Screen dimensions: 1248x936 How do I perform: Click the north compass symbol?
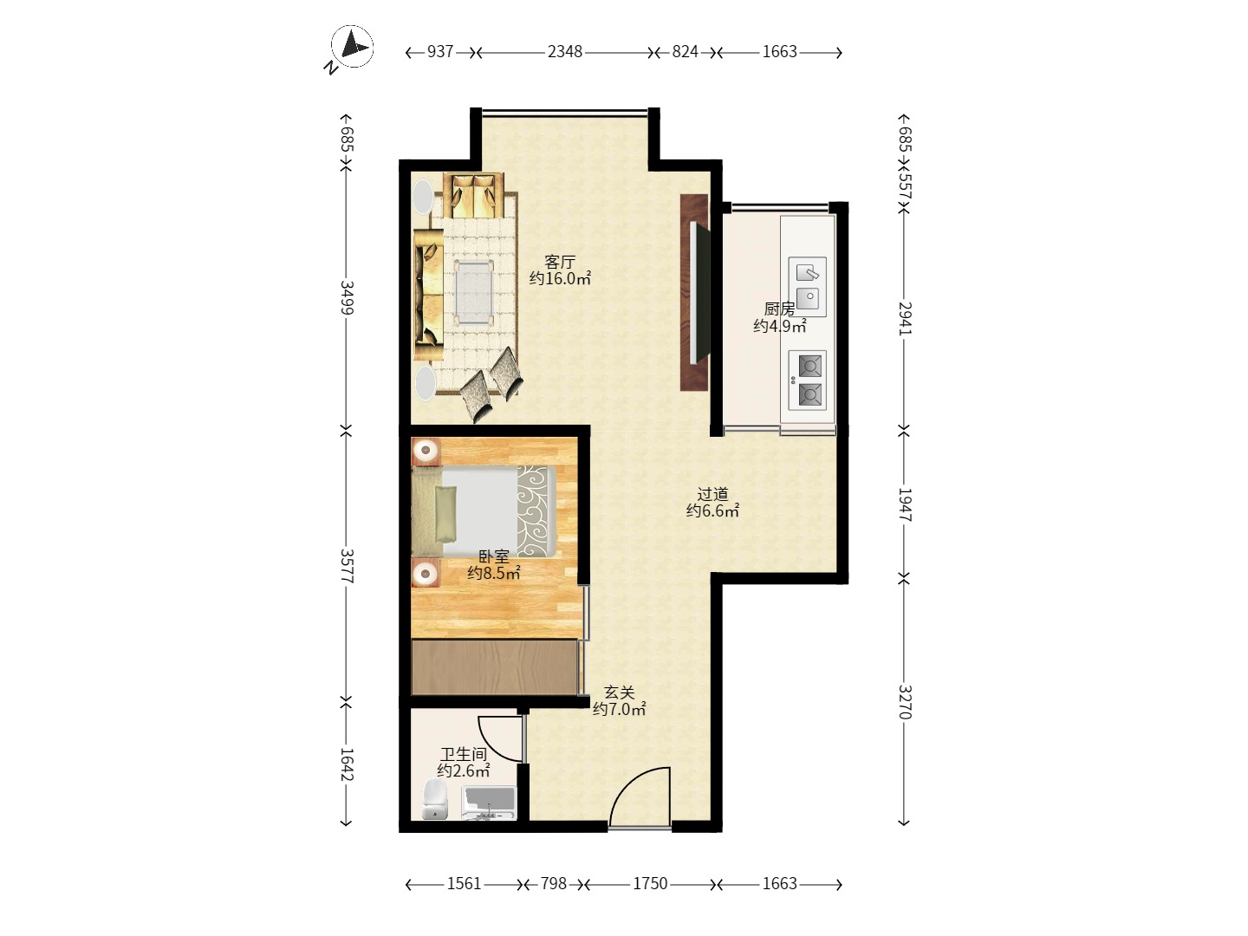click(x=351, y=48)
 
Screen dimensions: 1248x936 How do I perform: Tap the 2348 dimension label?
click(x=564, y=52)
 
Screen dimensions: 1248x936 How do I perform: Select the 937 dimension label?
click(x=440, y=52)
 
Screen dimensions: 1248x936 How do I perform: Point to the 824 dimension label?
click(x=685, y=52)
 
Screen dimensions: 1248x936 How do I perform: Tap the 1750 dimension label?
click(x=650, y=884)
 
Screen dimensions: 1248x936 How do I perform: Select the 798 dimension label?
click(x=553, y=884)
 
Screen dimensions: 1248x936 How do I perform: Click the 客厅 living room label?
click(x=560, y=262)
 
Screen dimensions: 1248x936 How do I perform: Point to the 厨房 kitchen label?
click(x=779, y=309)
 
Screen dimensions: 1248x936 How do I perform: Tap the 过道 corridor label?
click(x=712, y=494)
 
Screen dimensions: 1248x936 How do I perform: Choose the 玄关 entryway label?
click(x=619, y=692)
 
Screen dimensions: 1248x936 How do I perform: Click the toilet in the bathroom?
click(x=436, y=799)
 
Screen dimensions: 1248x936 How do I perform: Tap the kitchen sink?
click(x=808, y=286)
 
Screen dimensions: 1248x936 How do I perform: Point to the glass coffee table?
click(x=473, y=292)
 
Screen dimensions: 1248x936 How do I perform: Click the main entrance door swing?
click(x=640, y=796)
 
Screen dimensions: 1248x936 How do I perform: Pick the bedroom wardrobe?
click(x=494, y=667)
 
